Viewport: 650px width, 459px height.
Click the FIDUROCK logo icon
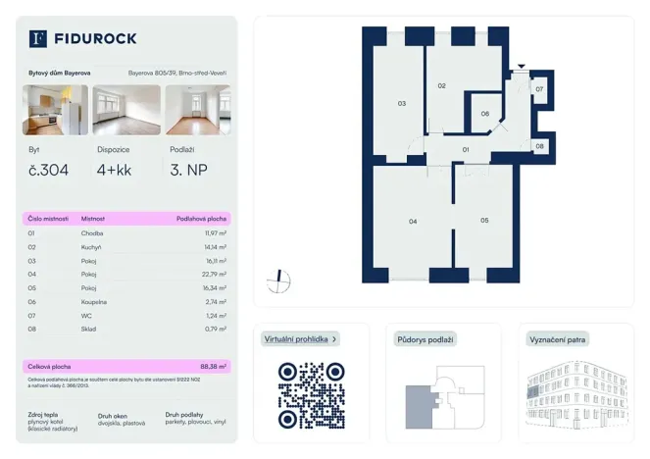pyautogui.click(x=38, y=38)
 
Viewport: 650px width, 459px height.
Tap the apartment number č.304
pyautogui.click(x=49, y=170)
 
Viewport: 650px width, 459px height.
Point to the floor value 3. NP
pyautogui.click(x=188, y=170)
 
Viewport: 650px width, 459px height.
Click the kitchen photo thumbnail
pyautogui.click(x=55, y=110)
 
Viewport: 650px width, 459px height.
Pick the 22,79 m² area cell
pyautogui.click(x=213, y=275)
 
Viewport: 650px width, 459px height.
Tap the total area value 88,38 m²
pyautogui.click(x=211, y=366)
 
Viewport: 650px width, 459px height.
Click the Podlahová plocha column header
pyautogui.click(x=201, y=219)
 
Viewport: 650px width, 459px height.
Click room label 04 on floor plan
pyautogui.click(x=413, y=222)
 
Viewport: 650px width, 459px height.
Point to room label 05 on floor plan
pyautogui.click(x=484, y=221)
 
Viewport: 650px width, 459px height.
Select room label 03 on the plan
pyautogui.click(x=402, y=103)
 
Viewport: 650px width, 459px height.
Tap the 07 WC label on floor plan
pyautogui.click(x=539, y=89)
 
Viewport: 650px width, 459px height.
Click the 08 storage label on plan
pyautogui.click(x=539, y=146)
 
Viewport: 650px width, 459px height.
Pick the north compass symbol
pyautogui.click(x=279, y=281)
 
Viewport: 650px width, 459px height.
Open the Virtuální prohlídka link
pyautogui.click(x=301, y=339)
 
